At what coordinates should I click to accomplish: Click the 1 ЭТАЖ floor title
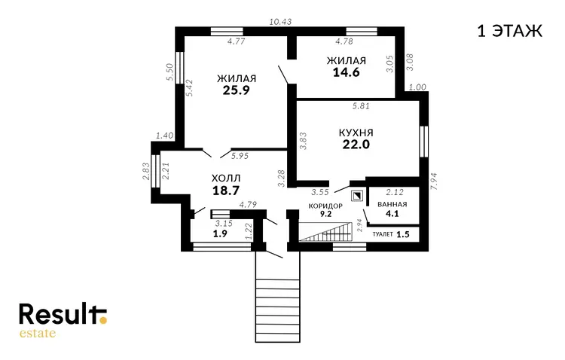(x=509, y=31)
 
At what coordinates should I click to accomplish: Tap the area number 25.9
(x=236, y=90)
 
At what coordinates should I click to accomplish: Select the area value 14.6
(x=346, y=72)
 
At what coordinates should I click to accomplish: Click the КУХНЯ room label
(x=356, y=133)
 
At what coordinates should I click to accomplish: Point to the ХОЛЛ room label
(x=226, y=178)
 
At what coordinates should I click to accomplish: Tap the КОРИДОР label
(x=325, y=206)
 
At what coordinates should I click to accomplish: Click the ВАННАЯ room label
(x=392, y=204)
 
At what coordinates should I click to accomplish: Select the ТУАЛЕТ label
(x=383, y=234)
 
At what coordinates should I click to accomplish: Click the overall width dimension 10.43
(x=280, y=22)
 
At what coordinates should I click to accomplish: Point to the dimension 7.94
(x=433, y=182)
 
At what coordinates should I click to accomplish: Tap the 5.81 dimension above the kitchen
(x=361, y=106)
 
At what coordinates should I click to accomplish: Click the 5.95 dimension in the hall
(x=240, y=156)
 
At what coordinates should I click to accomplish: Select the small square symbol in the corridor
(x=357, y=196)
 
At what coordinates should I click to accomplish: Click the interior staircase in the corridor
(x=325, y=232)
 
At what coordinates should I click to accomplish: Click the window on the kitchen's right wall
(x=424, y=142)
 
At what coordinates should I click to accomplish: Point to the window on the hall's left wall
(x=155, y=171)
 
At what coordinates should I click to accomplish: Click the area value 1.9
(x=220, y=233)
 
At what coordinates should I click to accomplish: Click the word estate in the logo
(x=38, y=333)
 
